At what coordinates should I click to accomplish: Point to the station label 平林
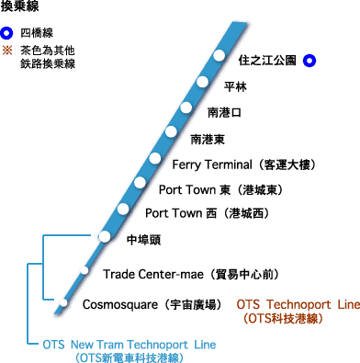236,86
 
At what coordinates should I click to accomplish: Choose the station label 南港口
224,112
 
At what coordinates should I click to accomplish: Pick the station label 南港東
208,139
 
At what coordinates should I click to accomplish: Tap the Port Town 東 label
220,189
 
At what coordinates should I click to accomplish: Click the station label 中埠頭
143,238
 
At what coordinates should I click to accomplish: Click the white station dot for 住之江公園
219,56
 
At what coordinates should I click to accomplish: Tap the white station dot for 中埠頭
105,237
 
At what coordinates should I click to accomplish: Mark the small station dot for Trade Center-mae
84,270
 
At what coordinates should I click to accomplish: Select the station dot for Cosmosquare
62,302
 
